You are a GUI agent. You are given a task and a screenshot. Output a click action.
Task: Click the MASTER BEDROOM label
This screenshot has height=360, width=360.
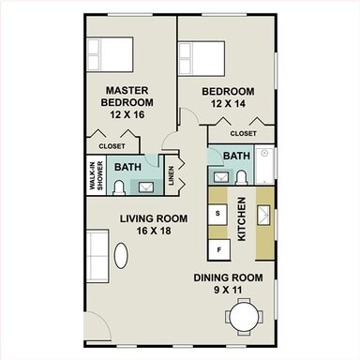point(127,96)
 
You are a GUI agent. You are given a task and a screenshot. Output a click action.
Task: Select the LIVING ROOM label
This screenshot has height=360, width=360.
point(154,218)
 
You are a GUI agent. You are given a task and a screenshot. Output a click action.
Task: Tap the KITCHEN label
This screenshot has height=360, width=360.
point(242,220)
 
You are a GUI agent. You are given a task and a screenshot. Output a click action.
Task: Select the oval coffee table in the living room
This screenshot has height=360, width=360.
point(122,254)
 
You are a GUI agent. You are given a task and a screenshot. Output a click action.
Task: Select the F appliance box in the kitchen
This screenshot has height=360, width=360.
point(218,250)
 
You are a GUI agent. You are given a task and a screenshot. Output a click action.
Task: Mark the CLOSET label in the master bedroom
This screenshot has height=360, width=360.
point(112,146)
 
